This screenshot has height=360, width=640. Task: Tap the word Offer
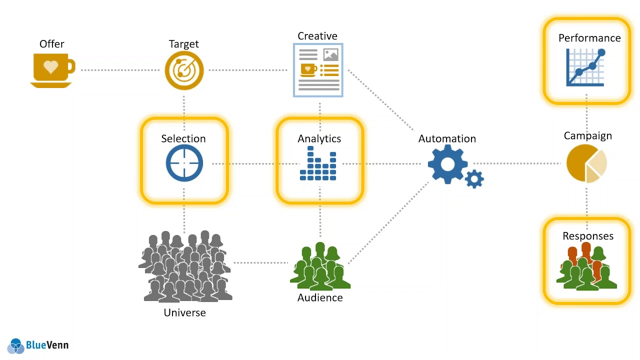click(52, 44)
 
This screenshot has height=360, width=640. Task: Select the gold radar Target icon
click(184, 70)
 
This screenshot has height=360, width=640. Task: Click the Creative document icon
click(318, 70)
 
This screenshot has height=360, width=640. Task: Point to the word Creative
click(317, 36)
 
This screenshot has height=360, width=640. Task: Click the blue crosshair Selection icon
click(184, 163)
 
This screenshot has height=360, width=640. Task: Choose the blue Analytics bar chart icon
click(318, 163)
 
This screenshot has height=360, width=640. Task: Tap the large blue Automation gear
click(447, 164)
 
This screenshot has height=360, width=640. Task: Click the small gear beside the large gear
click(474, 178)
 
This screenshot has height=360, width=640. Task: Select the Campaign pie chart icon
click(586, 163)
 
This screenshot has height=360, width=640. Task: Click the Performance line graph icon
click(586, 68)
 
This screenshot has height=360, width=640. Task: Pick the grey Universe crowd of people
click(184, 267)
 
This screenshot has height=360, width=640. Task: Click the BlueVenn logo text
click(47, 345)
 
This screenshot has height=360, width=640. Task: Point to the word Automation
click(447, 138)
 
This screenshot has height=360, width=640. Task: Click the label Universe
click(184, 312)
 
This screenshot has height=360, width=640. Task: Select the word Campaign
click(587, 135)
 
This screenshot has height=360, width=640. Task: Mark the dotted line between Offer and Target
click(120, 70)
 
